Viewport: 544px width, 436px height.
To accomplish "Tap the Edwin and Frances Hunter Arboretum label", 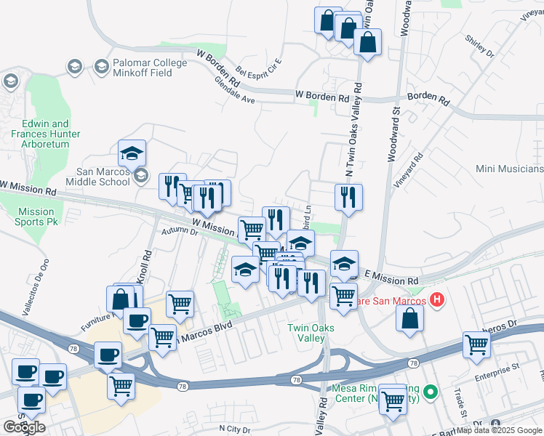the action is pyautogui.click(x=46, y=134).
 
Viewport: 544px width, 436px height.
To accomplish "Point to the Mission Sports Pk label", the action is pyautogui.click(x=36, y=216).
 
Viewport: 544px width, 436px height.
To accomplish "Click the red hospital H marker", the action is pyautogui.click(x=437, y=299).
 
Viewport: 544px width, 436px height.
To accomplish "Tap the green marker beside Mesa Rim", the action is pyautogui.click(x=430, y=393).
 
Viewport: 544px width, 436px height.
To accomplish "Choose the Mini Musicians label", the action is pyautogui.click(x=509, y=169).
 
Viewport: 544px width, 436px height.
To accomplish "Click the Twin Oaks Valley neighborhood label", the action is pyautogui.click(x=311, y=333).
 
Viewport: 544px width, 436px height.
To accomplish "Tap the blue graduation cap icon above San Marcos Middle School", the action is pyautogui.click(x=132, y=153).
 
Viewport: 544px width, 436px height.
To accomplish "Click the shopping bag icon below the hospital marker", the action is pyautogui.click(x=410, y=318).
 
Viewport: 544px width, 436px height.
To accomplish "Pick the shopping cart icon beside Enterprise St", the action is pyautogui.click(x=477, y=345).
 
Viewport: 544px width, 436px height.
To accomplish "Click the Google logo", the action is pyautogui.click(x=25, y=427).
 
